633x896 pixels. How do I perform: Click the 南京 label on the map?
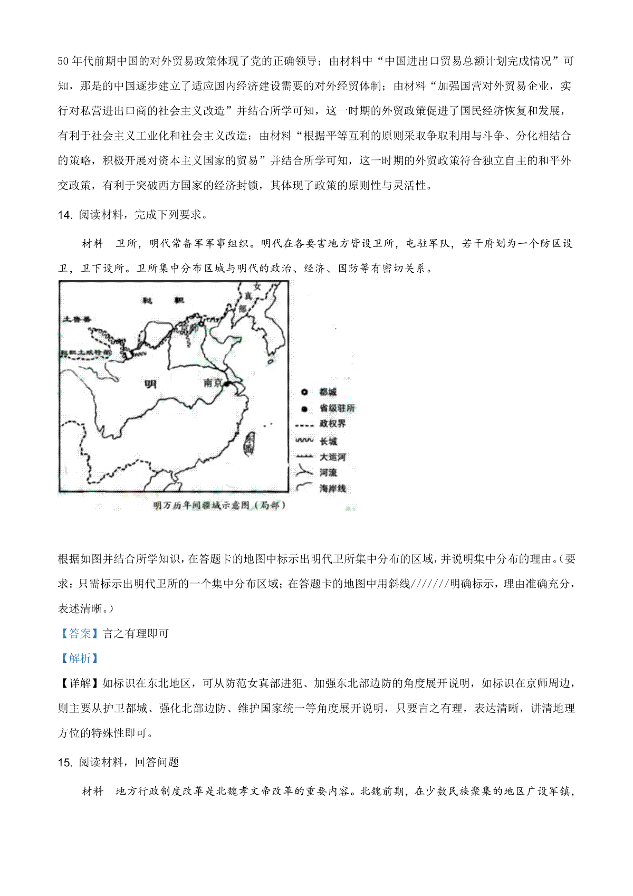click(x=213, y=383)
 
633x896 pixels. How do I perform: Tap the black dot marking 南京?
click(x=227, y=384)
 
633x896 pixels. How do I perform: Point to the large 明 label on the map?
click(x=150, y=384)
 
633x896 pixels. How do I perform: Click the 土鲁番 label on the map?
click(x=77, y=319)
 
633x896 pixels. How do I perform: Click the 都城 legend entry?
click(x=328, y=392)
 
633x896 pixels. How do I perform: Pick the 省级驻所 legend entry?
click(x=337, y=408)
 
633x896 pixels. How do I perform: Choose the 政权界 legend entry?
click(x=332, y=424)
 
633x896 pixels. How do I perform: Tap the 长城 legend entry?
click(x=328, y=441)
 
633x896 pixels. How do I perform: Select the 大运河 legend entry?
click(x=332, y=457)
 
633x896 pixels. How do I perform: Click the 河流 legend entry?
click(x=328, y=472)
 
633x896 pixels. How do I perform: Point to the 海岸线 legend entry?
click(x=332, y=488)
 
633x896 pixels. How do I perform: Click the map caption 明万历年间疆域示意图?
click(x=219, y=506)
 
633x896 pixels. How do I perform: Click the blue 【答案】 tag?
click(x=80, y=633)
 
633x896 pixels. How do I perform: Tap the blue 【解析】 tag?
click(x=80, y=658)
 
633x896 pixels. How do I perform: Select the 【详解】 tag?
click(x=80, y=683)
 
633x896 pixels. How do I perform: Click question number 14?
click(x=64, y=215)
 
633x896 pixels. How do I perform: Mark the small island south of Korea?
click(x=270, y=362)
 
